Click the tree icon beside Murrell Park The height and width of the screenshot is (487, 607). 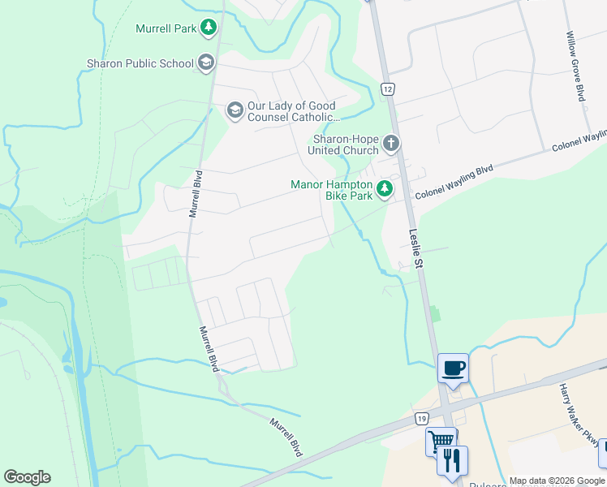pos(209,28)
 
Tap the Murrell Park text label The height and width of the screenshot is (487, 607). pos(167,29)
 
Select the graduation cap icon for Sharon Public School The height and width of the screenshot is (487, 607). pos(206,62)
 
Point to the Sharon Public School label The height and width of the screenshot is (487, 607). pos(140,63)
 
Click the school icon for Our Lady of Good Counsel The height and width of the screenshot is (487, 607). pos(235,110)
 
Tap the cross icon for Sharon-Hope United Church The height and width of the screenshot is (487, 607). pos(391,144)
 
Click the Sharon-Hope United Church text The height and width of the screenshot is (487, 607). pos(346,144)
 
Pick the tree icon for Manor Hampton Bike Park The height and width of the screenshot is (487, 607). pos(384,189)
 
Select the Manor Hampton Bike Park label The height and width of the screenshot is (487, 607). pos(332,190)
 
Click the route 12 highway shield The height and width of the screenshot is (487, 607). pos(388,88)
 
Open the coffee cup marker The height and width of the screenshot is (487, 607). pos(453,369)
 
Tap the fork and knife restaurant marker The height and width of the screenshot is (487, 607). pos(452,460)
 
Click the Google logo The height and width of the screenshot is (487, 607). pos(27,477)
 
